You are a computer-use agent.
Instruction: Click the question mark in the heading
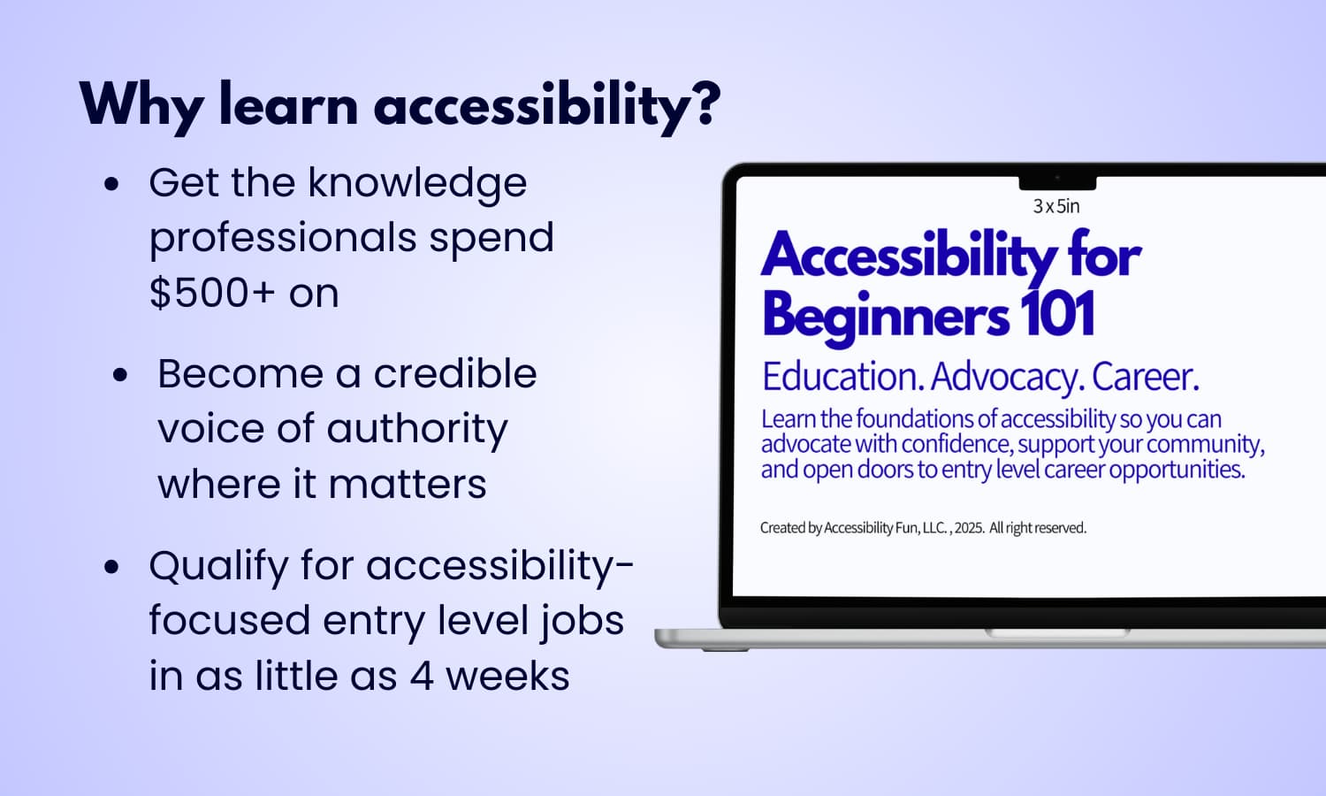(x=704, y=103)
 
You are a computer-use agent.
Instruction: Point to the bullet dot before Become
(x=120, y=375)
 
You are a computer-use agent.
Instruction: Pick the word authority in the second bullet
(x=417, y=430)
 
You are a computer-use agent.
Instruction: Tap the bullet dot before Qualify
(x=111, y=567)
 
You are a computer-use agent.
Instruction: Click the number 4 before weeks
(x=422, y=677)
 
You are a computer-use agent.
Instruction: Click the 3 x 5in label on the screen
(x=1056, y=206)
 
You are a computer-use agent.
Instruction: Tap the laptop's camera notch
(x=1057, y=181)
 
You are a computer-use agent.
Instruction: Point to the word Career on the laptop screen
(x=1145, y=377)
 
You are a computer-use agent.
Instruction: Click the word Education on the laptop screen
(x=842, y=377)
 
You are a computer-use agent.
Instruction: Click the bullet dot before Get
(x=111, y=185)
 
